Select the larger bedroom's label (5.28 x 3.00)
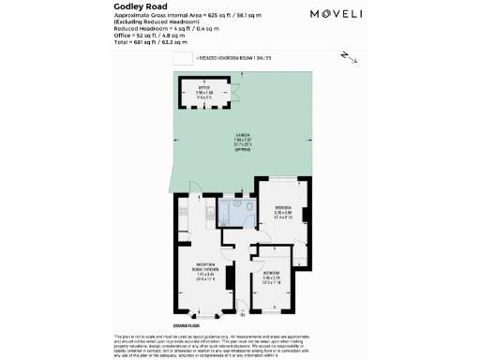coord(282,211)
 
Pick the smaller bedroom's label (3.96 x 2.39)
coord(272,277)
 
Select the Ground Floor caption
coord(184,325)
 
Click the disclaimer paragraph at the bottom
coord(239,346)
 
